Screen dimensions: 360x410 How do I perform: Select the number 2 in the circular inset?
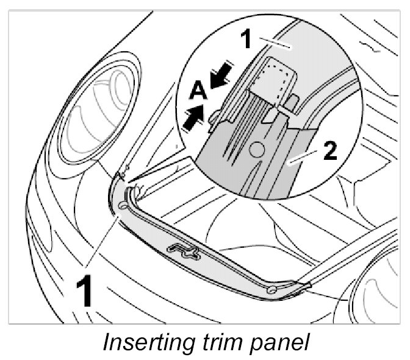pyautogui.click(x=329, y=150)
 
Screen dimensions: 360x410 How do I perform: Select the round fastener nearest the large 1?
pyautogui.click(x=124, y=206)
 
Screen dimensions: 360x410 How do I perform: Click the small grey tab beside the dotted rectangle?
pyautogui.click(x=292, y=102)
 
